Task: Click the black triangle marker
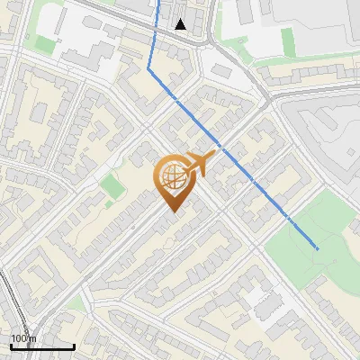[x=181, y=24]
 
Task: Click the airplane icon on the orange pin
[x=200, y=164]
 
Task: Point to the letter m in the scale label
[x=33, y=338]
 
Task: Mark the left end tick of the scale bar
[x=11, y=346]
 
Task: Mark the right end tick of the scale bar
[x=74, y=346]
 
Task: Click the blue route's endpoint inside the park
[x=318, y=248]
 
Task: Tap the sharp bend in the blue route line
[x=148, y=67]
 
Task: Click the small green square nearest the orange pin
[x=112, y=187]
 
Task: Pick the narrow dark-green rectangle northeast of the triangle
[x=287, y=40]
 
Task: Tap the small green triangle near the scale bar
[x=76, y=306]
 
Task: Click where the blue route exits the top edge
[x=158, y=2]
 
